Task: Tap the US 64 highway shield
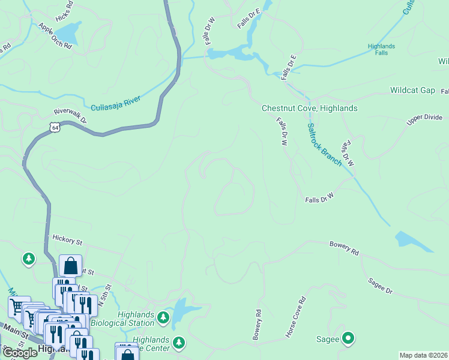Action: point(55,128)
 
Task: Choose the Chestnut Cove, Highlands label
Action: point(309,108)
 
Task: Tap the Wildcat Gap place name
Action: point(412,90)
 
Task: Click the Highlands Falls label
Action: point(381,50)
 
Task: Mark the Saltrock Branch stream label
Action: point(324,145)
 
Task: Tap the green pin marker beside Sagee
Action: point(348,338)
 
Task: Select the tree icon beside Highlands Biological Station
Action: point(163,316)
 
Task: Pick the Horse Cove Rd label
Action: point(295,316)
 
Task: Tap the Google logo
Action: point(20,353)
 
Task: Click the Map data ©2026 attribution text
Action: point(423,355)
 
